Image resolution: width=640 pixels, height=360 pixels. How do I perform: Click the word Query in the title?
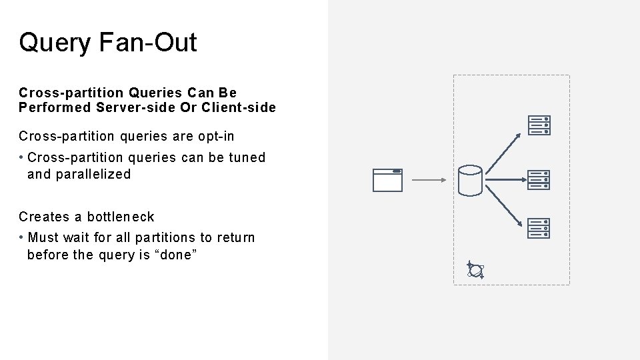(55, 43)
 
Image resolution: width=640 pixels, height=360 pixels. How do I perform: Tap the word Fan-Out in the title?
(147, 43)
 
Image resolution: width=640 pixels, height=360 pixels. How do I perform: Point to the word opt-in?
(216, 137)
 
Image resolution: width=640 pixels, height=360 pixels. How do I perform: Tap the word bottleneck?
(121, 217)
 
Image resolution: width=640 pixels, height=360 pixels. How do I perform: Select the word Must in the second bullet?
(44, 238)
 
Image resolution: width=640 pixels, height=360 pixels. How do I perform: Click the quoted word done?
(175, 255)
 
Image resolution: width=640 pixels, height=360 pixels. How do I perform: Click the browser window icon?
(387, 180)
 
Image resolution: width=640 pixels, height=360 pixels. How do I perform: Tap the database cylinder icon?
(470, 180)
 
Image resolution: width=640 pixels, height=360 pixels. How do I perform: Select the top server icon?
(539, 125)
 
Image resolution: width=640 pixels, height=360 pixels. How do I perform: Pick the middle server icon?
(539, 180)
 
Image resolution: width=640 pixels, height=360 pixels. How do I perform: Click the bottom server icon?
(539, 229)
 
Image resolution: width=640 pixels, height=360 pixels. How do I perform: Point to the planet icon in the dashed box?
(475, 269)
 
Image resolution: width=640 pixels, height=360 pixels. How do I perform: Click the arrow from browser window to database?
(428, 179)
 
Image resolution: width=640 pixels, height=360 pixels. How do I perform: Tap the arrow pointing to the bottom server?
(503, 207)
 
